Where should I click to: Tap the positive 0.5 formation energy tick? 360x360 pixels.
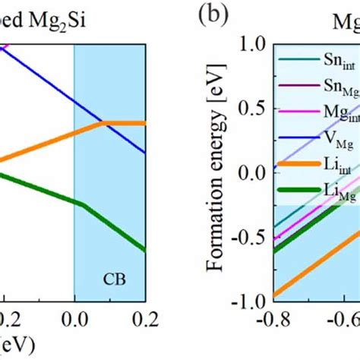[x=250, y=108]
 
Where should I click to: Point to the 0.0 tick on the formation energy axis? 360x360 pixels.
[x=250, y=172]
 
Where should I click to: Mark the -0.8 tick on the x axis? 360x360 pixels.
[x=271, y=319]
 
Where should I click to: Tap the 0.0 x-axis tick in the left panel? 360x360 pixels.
[x=74, y=319]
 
